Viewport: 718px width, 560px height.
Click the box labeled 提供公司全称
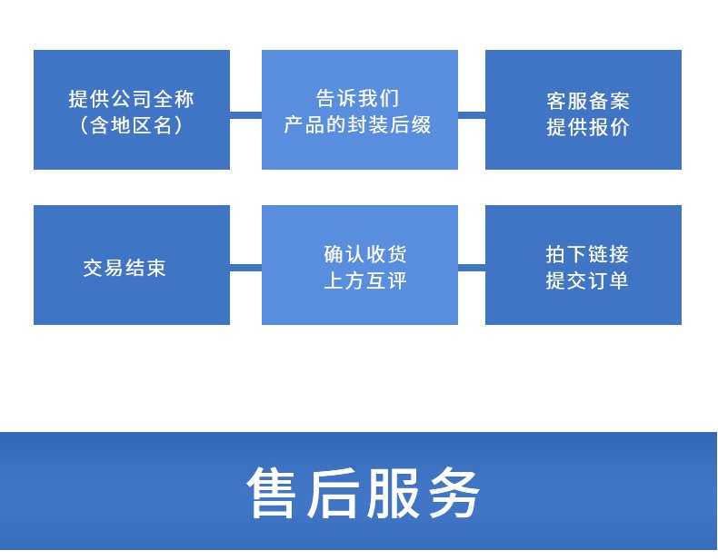coord(132,110)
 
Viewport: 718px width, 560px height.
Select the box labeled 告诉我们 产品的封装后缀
coord(360,110)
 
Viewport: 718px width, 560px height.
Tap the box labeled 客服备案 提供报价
coord(583,110)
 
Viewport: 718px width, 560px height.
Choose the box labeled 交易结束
coord(132,265)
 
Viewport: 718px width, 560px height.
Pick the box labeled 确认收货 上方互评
coord(360,265)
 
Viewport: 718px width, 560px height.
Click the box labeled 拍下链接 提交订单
coord(583,265)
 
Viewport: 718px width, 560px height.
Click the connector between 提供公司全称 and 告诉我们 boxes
coord(245,114)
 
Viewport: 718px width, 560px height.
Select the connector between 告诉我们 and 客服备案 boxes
coord(472,114)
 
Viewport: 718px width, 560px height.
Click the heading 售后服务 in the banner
coord(364,492)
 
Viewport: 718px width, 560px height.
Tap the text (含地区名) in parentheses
coord(132,125)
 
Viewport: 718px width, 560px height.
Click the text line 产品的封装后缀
coord(357,125)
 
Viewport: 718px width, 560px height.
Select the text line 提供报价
coord(587,127)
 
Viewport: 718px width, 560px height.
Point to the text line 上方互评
coord(365,280)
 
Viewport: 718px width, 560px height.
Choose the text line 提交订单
coord(586,280)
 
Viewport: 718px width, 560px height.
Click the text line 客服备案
coord(587,101)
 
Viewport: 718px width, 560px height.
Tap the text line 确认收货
coord(365,254)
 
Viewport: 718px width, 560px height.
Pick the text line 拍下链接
coord(586,254)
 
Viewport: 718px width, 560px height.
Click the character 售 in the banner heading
coord(271,492)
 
